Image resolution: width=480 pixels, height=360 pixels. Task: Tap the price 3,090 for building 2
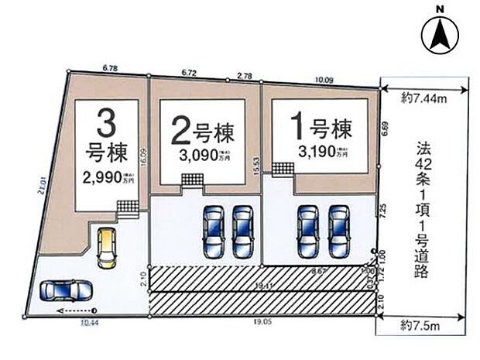[x=200, y=154]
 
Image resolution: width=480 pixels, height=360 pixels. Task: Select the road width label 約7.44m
[x=422, y=97]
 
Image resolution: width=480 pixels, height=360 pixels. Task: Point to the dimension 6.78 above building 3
[x=109, y=68]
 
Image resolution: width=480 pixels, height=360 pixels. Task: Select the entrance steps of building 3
[x=128, y=207]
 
